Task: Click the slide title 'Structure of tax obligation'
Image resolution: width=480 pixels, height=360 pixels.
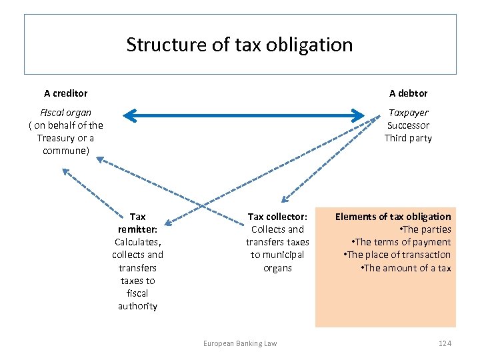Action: pyautogui.click(x=239, y=45)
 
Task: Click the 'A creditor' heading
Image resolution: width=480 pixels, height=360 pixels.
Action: pyautogui.click(x=65, y=93)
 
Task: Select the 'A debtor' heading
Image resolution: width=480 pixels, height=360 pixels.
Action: pyautogui.click(x=408, y=93)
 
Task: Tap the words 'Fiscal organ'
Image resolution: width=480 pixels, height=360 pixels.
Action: pyautogui.click(x=65, y=113)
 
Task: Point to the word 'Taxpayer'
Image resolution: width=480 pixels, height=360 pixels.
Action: pyautogui.click(x=408, y=113)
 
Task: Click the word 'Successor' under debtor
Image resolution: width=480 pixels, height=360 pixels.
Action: pyautogui.click(x=408, y=125)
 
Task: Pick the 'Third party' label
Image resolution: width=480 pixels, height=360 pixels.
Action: pyautogui.click(x=408, y=138)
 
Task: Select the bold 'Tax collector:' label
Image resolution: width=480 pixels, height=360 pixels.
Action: pyautogui.click(x=277, y=217)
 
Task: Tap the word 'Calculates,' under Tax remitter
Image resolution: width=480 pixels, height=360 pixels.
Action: pyautogui.click(x=137, y=242)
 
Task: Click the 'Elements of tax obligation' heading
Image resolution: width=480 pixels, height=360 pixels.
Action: pyautogui.click(x=393, y=217)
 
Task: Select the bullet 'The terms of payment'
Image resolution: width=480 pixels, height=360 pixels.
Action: pyautogui.click(x=401, y=242)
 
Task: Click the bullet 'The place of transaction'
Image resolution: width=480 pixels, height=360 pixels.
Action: pyautogui.click(x=397, y=255)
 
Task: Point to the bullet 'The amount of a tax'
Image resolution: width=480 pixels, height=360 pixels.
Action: pyautogui.click(x=405, y=268)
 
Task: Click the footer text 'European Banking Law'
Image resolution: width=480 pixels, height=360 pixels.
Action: pyautogui.click(x=240, y=343)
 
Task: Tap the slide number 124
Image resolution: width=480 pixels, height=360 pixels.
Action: pyautogui.click(x=445, y=343)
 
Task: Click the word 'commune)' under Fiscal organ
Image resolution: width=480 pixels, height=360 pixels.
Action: pyautogui.click(x=65, y=151)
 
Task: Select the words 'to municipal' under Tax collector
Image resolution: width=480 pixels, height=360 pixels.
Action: pyautogui.click(x=277, y=255)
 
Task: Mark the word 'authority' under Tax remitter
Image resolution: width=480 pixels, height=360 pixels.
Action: pyautogui.click(x=137, y=306)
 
